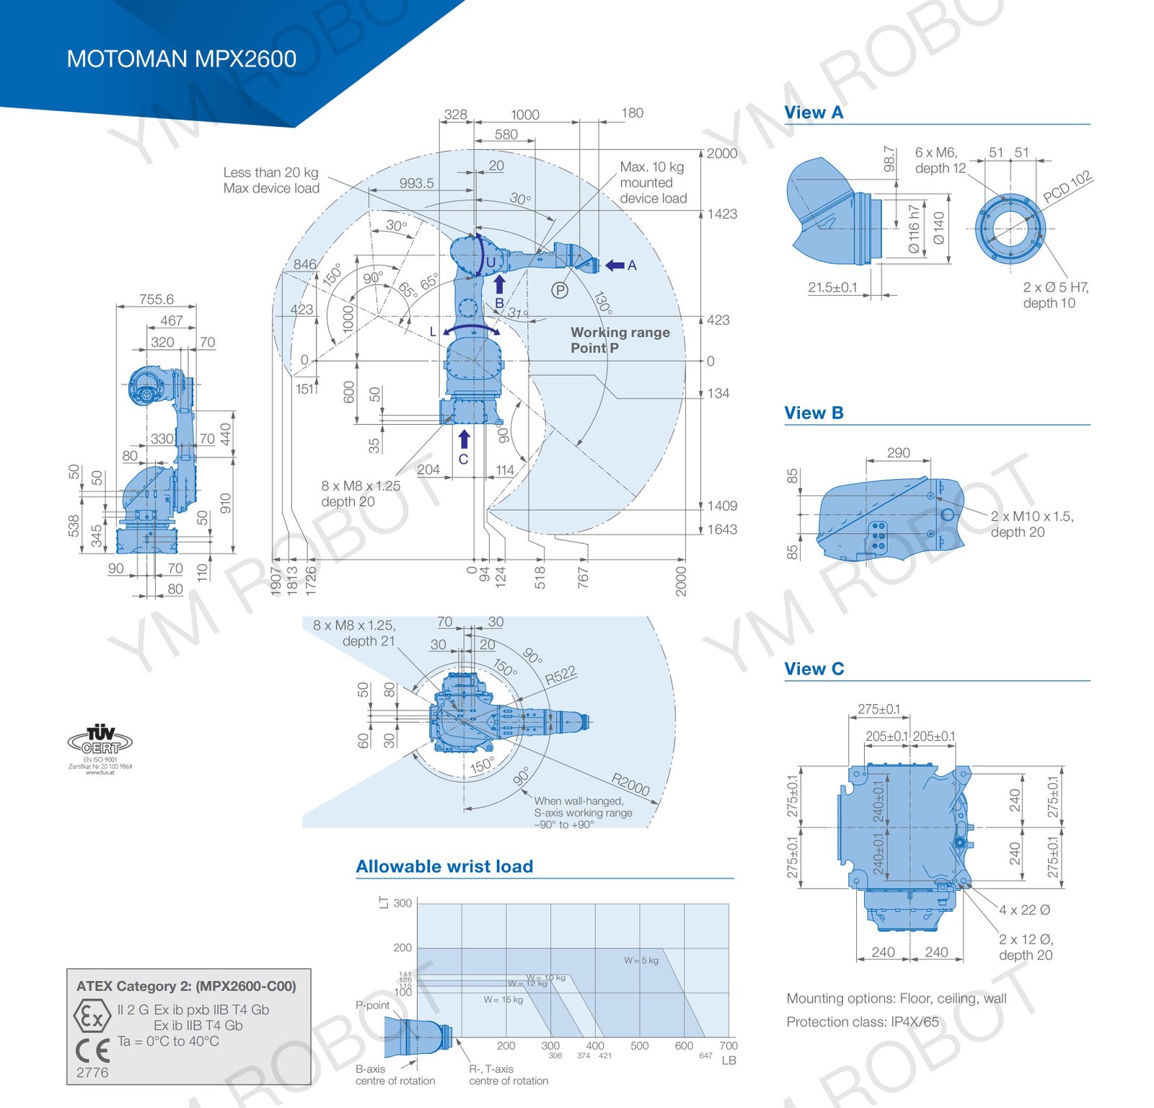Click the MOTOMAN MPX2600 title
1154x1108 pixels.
coord(181,59)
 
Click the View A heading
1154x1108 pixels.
coord(813,113)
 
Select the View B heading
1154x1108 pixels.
coord(813,413)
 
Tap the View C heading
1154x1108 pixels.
coord(813,669)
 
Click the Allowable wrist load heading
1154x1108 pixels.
coord(444,866)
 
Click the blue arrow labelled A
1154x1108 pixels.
coord(615,265)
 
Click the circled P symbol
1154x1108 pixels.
coord(560,290)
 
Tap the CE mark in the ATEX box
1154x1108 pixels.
coord(92,1050)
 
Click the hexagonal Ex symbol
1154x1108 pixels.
coord(92,1016)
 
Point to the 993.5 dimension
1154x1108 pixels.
coord(417,183)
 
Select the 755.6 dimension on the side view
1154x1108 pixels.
coord(156,299)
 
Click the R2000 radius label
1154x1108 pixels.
coord(630,784)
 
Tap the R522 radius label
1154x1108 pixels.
coord(560,675)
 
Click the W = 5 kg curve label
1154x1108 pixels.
coord(640,960)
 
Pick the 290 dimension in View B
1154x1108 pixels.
coord(898,452)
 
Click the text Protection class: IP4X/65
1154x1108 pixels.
coord(863,1021)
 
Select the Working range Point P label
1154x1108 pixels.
coord(620,340)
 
